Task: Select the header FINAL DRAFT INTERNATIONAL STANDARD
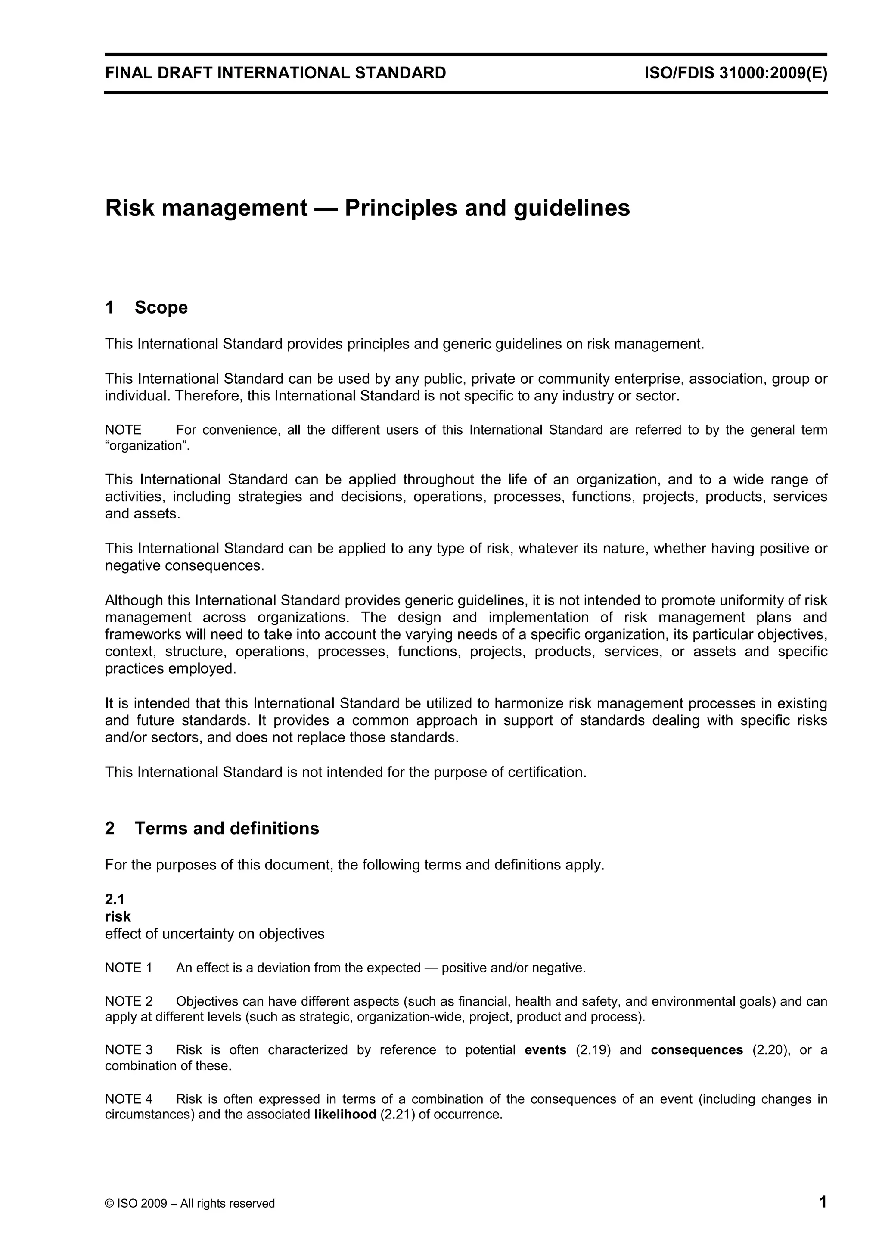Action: [276, 73]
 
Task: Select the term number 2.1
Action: [115, 900]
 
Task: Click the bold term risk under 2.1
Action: [118, 916]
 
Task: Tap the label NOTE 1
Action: [128, 968]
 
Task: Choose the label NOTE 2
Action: [128, 1001]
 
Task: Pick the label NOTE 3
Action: [128, 1049]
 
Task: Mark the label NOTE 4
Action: [128, 1099]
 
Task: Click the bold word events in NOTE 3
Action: [545, 1049]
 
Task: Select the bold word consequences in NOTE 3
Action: [697, 1049]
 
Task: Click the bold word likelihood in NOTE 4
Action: [345, 1115]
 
